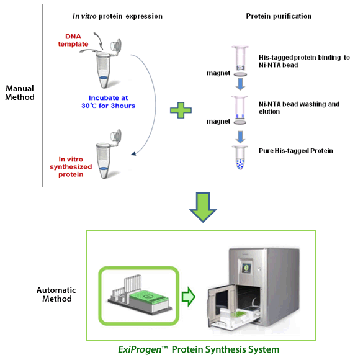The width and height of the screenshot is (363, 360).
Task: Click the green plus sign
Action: pyautogui.click(x=181, y=110)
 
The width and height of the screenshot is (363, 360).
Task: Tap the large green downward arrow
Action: pyautogui.click(x=203, y=207)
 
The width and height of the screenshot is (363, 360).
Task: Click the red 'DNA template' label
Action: pyautogui.click(x=73, y=40)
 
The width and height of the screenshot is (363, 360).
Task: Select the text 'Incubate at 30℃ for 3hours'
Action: pyautogui.click(x=109, y=102)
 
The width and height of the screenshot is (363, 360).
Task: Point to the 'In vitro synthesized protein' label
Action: pyautogui.click(x=71, y=167)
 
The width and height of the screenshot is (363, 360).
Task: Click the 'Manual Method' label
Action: pyautogui.click(x=20, y=92)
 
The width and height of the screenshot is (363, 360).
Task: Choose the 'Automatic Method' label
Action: pyautogui.click(x=56, y=294)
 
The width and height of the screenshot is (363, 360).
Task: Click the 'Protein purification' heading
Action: pyautogui.click(x=279, y=16)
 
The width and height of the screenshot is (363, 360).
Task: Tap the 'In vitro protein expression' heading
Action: pyautogui.click(x=118, y=16)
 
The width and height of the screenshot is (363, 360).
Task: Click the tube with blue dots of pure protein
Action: pyautogui.click(x=240, y=158)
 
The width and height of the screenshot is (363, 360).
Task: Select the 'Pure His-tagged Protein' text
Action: pyautogui.click(x=296, y=151)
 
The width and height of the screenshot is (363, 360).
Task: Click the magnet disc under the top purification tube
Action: pyautogui.click(x=240, y=74)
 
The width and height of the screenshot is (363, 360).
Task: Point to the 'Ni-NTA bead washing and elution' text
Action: pyautogui.click(x=299, y=108)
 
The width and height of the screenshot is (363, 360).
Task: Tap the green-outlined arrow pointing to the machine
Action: pyautogui.click(x=189, y=297)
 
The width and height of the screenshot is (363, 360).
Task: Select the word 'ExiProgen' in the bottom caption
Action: pyautogui.click(x=140, y=349)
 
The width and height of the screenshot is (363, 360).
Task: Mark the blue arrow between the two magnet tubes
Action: pyautogui.click(x=240, y=84)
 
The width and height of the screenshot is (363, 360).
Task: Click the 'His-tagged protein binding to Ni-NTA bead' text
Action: pyautogui.click(x=304, y=61)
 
